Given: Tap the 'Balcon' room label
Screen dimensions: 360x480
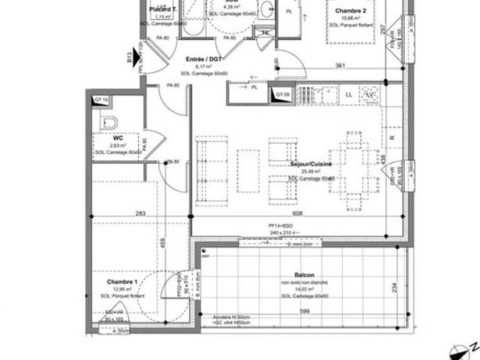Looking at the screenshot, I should [304, 275].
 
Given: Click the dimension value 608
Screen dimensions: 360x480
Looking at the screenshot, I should [298, 214].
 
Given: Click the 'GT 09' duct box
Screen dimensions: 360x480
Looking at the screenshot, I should [281, 94].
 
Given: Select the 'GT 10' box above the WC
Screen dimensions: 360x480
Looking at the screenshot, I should [100, 99].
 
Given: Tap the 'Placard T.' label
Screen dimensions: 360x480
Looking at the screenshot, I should [163, 9].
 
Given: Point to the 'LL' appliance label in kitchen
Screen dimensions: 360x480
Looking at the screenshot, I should [349, 94].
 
